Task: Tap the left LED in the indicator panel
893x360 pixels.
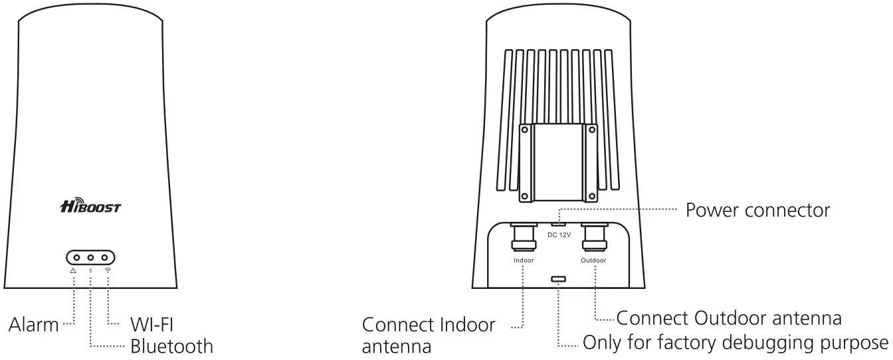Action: click(x=77, y=257)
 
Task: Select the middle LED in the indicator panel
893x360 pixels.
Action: click(x=90, y=257)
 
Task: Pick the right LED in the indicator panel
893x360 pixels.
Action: click(x=104, y=257)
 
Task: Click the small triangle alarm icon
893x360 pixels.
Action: click(x=73, y=271)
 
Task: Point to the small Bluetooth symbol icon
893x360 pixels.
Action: click(x=90, y=271)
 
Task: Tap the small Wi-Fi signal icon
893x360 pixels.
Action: click(x=108, y=271)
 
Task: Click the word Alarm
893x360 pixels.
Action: click(x=33, y=325)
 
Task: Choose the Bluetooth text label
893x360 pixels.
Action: click(x=171, y=346)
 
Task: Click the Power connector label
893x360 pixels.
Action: click(x=757, y=211)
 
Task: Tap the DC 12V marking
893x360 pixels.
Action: click(x=559, y=234)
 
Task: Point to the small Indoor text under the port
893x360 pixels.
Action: click(x=524, y=260)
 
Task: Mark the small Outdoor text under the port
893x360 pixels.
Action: click(x=593, y=260)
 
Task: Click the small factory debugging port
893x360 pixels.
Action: click(x=559, y=280)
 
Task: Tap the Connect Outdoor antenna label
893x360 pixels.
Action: click(x=730, y=317)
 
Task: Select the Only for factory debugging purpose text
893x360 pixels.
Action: click(x=735, y=343)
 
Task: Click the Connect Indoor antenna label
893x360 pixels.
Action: click(x=429, y=335)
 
